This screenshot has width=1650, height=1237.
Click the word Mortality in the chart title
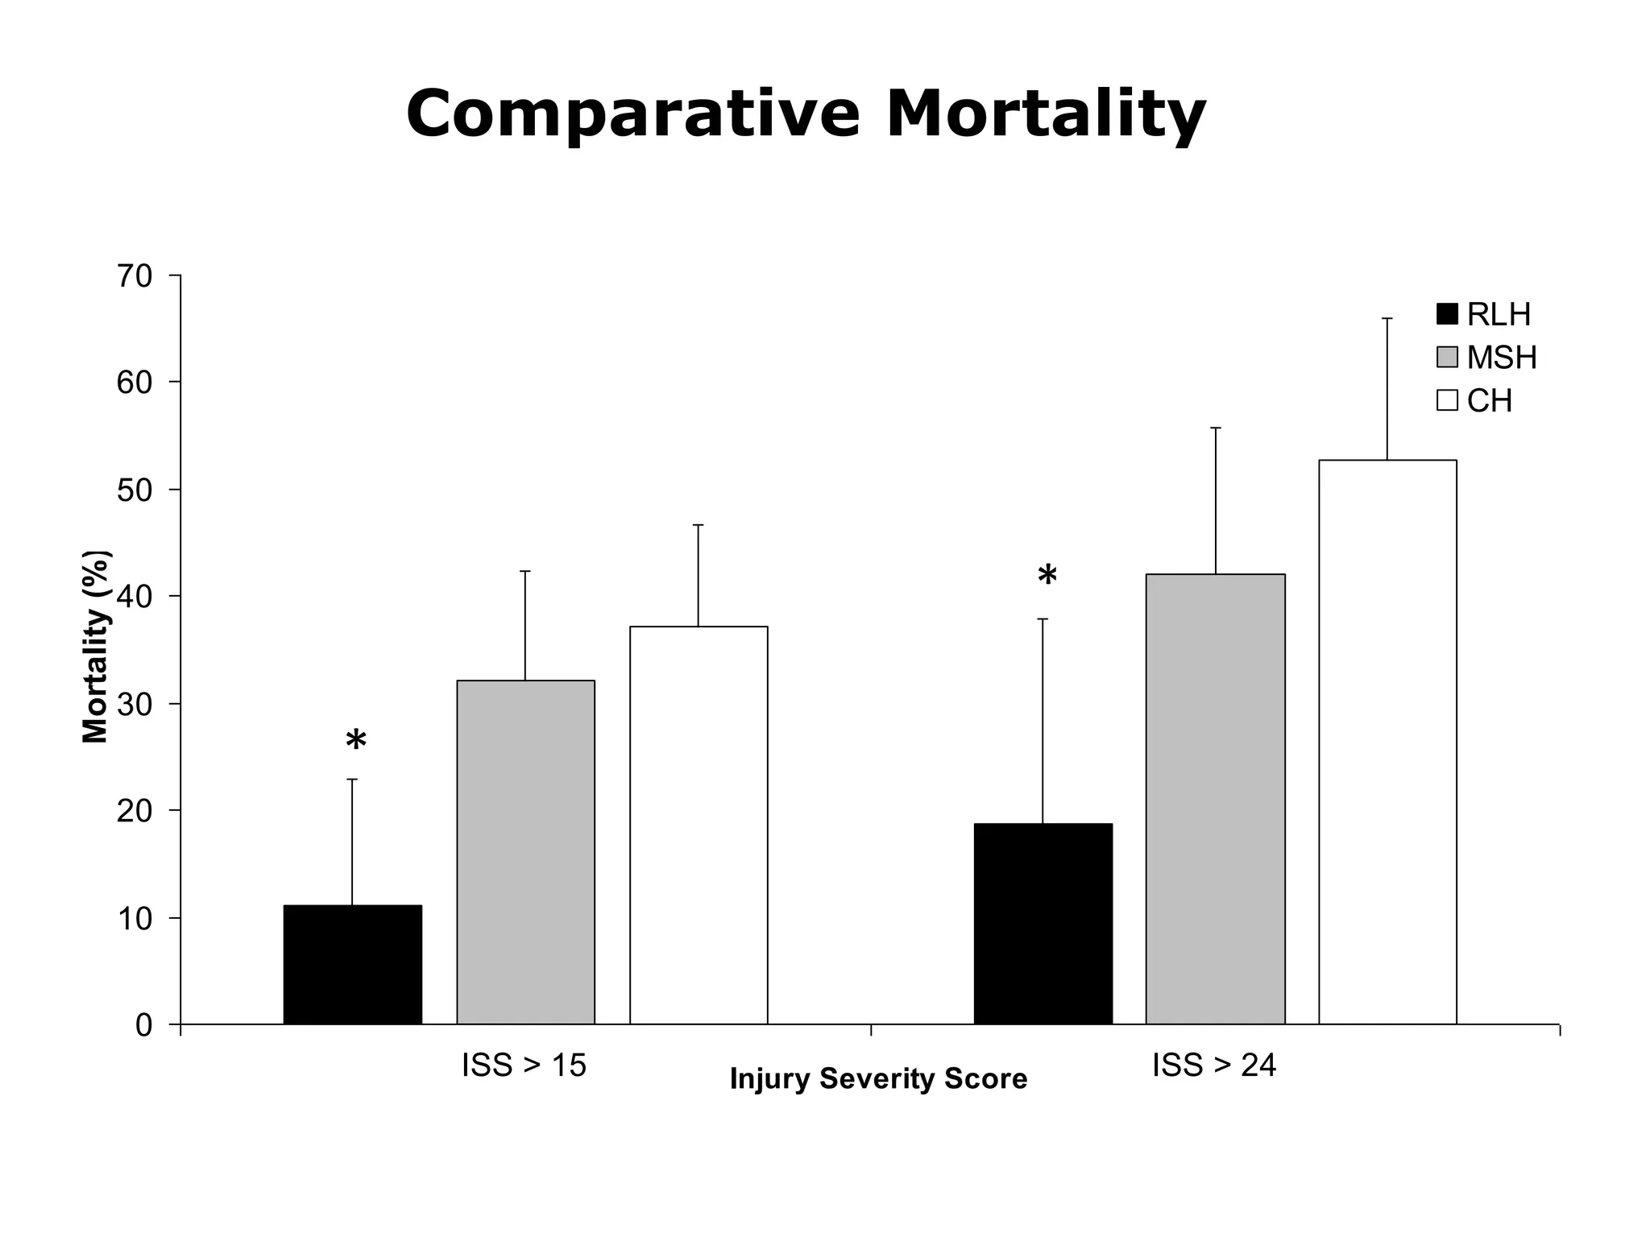click(1045, 115)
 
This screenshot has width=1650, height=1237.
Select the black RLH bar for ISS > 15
click(353, 965)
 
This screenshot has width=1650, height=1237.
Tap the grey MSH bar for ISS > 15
click(525, 852)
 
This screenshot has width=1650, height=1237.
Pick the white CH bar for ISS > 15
click(699, 825)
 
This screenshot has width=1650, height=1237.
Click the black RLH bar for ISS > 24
click(1043, 924)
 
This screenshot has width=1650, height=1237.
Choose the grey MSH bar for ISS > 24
click(1215, 799)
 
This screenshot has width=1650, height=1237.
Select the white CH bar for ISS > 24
click(1387, 742)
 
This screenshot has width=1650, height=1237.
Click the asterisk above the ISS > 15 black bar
click(356, 741)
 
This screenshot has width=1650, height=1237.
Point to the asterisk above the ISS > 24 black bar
click(1047, 577)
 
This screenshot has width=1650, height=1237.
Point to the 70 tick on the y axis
click(134, 276)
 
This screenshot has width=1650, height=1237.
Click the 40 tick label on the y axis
click(134, 597)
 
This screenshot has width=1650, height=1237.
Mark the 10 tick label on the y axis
click(134, 918)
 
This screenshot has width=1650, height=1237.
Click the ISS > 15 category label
click(524, 1065)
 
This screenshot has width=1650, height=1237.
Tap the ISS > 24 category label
click(1214, 1065)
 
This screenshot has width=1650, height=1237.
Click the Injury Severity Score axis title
click(878, 1079)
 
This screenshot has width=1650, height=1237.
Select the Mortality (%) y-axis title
click(96, 647)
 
